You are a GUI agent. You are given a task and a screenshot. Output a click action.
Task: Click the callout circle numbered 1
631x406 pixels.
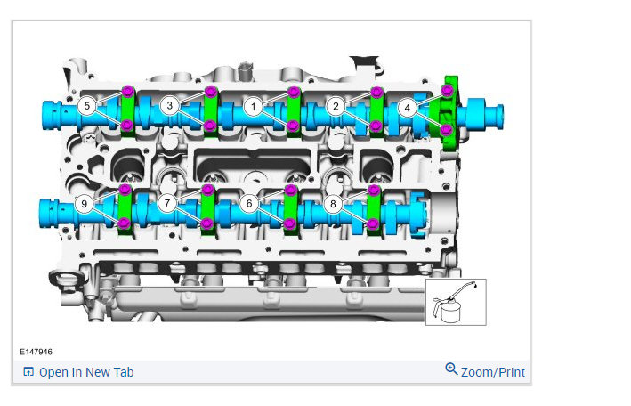[253, 107]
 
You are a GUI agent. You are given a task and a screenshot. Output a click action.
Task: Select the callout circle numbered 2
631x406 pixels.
[336, 106]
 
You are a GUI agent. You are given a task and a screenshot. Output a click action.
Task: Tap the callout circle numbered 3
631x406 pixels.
[169, 106]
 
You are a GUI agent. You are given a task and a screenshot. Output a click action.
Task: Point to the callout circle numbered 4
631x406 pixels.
[407, 108]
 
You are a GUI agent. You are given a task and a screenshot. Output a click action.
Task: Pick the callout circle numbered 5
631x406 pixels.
[86, 106]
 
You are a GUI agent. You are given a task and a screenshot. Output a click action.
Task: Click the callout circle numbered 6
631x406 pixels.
[249, 203]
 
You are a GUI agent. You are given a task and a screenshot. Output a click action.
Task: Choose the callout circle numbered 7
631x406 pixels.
[167, 203]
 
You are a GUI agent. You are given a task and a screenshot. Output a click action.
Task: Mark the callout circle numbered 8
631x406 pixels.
[333, 204]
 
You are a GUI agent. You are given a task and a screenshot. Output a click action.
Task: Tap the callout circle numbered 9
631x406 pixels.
[85, 203]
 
